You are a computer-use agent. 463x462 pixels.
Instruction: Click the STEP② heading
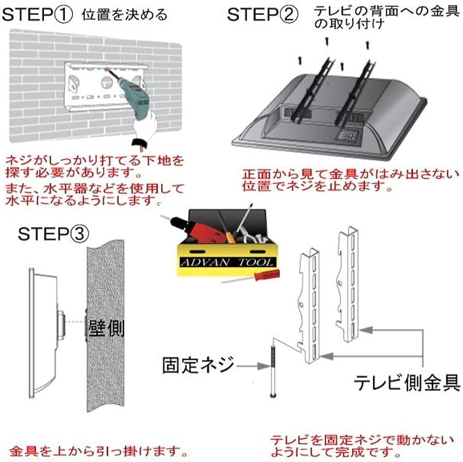click(263, 14)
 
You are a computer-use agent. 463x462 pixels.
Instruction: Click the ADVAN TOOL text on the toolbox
click(226, 263)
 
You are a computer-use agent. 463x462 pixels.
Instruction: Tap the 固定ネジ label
click(199, 365)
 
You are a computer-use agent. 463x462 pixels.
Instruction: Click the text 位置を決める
click(124, 14)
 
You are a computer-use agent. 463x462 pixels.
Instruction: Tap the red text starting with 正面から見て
click(344, 180)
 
